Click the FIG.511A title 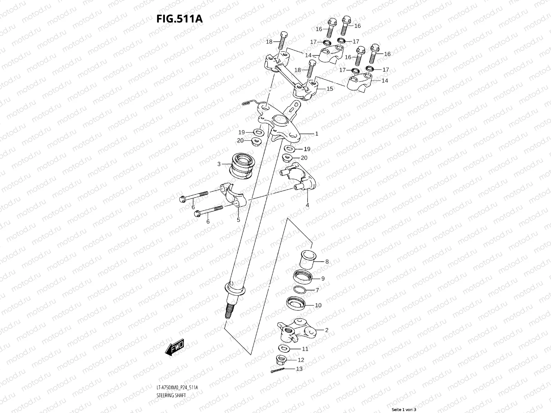click(x=179, y=19)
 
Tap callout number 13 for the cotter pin click(x=299, y=369)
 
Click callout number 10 click(x=318, y=305)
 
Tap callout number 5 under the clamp click(x=238, y=220)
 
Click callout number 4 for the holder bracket click(x=308, y=205)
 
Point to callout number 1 click(x=316, y=134)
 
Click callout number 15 click(x=330, y=89)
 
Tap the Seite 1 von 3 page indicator click(x=404, y=410)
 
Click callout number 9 click(x=323, y=278)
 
